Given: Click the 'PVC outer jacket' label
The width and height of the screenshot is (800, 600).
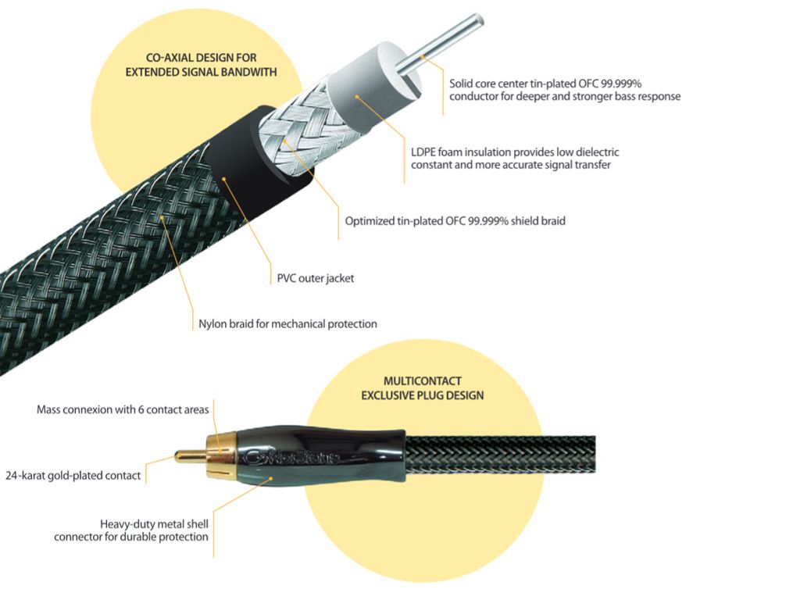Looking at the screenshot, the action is coord(316,278).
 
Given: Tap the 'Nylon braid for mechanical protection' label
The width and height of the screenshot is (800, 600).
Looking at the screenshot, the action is coord(287,323).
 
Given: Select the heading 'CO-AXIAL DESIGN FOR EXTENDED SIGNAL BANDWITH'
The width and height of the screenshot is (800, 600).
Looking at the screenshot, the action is coord(201,65).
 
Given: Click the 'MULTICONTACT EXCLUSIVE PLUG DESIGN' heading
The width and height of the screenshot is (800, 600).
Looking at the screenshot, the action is coord(423,387).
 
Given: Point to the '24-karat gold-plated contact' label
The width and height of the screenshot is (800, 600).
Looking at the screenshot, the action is coord(73,476).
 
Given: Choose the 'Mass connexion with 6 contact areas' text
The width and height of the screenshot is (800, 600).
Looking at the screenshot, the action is coord(123,409).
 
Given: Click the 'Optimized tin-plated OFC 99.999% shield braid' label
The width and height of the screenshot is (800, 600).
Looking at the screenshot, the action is coord(455,221).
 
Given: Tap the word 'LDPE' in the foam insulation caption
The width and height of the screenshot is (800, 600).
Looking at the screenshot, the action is coord(423,152).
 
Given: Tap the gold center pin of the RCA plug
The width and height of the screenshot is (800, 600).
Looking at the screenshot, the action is coord(190,455).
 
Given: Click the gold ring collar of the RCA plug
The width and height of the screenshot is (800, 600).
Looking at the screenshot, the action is coord(221,455).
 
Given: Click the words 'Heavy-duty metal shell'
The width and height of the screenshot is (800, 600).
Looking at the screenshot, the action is coord(154,524).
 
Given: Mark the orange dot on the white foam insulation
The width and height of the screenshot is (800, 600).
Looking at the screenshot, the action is coord(358,96).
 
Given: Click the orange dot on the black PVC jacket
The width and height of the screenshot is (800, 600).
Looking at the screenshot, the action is coord(224,179).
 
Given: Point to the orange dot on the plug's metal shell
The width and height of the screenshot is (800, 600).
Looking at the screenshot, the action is coord(271,478).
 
